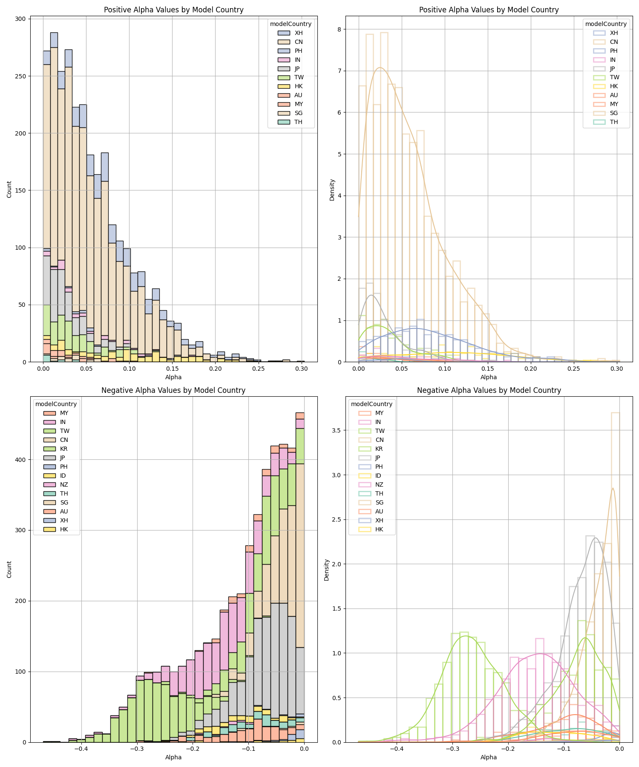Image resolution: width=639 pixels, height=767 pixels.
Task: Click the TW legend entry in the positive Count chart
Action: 299,78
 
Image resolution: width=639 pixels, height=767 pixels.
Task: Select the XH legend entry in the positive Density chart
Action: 613,33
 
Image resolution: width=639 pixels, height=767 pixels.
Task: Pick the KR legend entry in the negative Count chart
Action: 63,449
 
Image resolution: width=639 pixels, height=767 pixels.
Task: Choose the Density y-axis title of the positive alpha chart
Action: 332,190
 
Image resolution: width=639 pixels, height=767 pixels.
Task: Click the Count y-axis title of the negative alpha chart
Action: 9,569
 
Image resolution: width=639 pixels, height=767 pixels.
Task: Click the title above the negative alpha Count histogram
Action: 173,390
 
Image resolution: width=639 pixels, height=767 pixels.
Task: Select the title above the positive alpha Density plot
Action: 489,10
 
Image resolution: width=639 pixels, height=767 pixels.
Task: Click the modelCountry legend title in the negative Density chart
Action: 372,404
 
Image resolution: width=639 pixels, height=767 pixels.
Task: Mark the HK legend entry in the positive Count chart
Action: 299,87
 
